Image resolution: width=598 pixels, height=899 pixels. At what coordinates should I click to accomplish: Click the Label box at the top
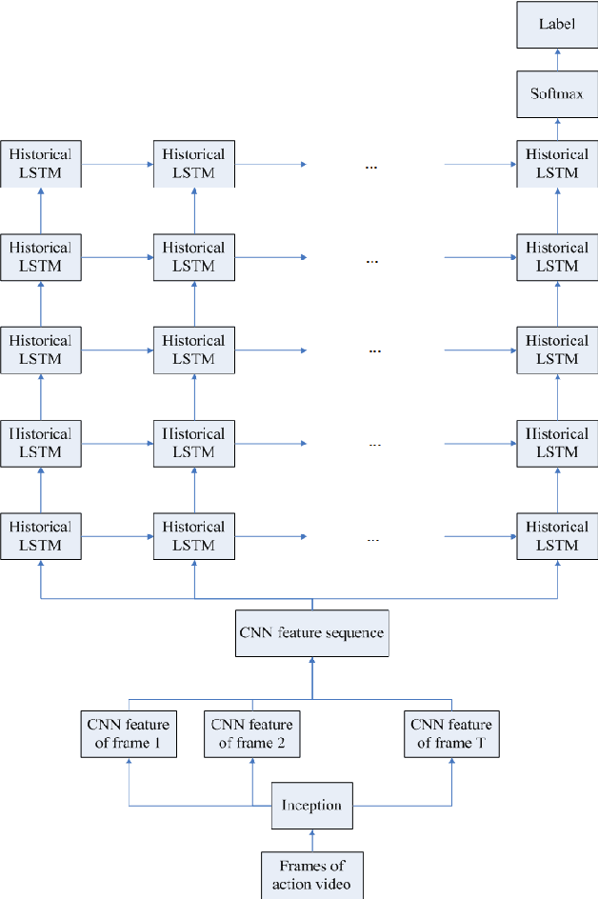point(557,24)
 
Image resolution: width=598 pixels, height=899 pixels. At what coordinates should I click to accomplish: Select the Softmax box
point(557,94)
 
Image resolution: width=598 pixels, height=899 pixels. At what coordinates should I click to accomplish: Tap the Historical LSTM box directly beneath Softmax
point(557,164)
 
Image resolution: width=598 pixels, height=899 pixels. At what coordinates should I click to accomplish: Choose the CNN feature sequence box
point(311,632)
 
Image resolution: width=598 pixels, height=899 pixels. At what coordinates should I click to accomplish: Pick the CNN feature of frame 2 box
point(252,734)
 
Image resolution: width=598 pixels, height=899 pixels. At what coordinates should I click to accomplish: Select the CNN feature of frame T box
point(451,734)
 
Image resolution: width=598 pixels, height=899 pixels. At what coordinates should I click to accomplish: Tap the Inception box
point(311,806)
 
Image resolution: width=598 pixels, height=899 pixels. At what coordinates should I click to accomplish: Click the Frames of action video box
point(311,875)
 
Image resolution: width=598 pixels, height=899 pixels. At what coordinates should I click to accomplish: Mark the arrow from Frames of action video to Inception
point(311,840)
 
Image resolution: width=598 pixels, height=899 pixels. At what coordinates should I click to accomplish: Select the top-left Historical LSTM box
point(41,164)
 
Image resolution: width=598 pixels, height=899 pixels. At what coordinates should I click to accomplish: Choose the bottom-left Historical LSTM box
point(41,536)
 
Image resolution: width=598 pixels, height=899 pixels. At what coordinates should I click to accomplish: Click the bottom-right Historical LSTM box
point(557,536)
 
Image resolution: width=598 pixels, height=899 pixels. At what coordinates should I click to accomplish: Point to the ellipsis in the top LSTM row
point(371,167)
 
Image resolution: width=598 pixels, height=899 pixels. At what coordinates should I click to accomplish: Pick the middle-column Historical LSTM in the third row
point(193,350)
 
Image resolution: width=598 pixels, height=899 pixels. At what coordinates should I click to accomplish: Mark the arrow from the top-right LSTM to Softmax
point(557,130)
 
